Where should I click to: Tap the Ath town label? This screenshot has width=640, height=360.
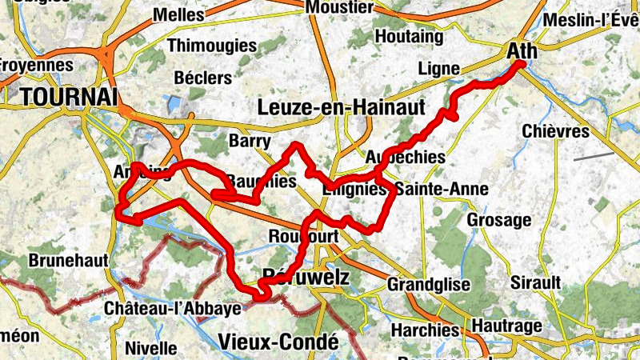pyautogui.click(x=522, y=51)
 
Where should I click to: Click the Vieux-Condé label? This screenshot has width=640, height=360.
pyautogui.click(x=278, y=342)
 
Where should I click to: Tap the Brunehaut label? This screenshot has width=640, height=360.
pyautogui.click(x=63, y=261)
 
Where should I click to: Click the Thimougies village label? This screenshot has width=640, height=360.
pyautogui.click(x=211, y=46)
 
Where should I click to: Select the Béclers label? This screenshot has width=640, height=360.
pyautogui.click(x=203, y=78)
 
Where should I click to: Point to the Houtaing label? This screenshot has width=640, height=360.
pyautogui.click(x=409, y=37)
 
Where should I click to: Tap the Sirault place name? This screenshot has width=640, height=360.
pyautogui.click(x=536, y=282)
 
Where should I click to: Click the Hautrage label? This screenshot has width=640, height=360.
pyautogui.click(x=506, y=326)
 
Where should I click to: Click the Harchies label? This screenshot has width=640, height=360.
pyautogui.click(x=425, y=330)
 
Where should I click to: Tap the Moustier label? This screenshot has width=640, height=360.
pyautogui.click(x=340, y=7)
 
